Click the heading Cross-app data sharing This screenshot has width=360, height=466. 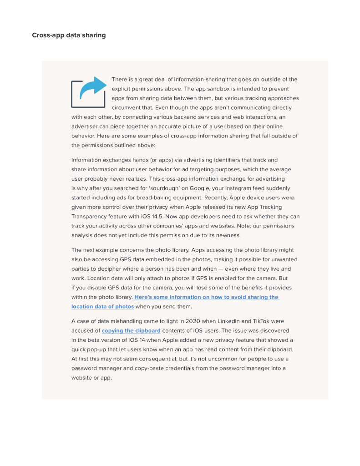[x=69, y=35]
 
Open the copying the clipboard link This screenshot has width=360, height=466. [x=131, y=331]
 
